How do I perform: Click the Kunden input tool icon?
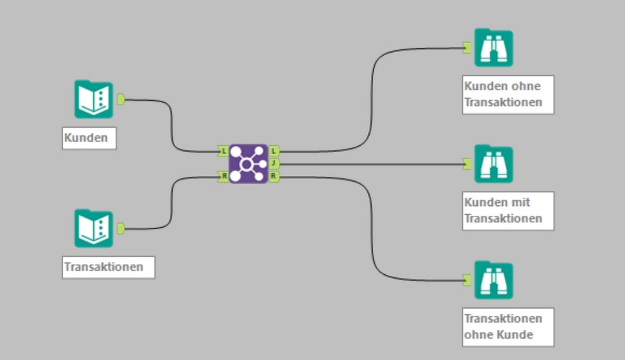94,99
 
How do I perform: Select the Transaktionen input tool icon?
94,228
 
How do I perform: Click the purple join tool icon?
248,164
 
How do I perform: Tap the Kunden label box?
89,138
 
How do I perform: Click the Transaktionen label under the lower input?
108,267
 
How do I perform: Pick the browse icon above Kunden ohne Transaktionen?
494,48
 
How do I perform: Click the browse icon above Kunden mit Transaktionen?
494,164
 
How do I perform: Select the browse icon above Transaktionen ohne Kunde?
494,280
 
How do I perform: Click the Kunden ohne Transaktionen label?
508,95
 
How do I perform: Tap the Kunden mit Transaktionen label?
508,211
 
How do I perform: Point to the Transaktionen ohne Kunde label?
508,327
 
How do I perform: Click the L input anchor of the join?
223,151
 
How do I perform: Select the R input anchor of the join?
223,177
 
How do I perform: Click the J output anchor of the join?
274,164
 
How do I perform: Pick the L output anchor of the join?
274,151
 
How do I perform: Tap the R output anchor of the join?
274,177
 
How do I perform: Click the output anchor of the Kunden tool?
121,99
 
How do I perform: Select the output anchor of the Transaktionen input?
121,228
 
